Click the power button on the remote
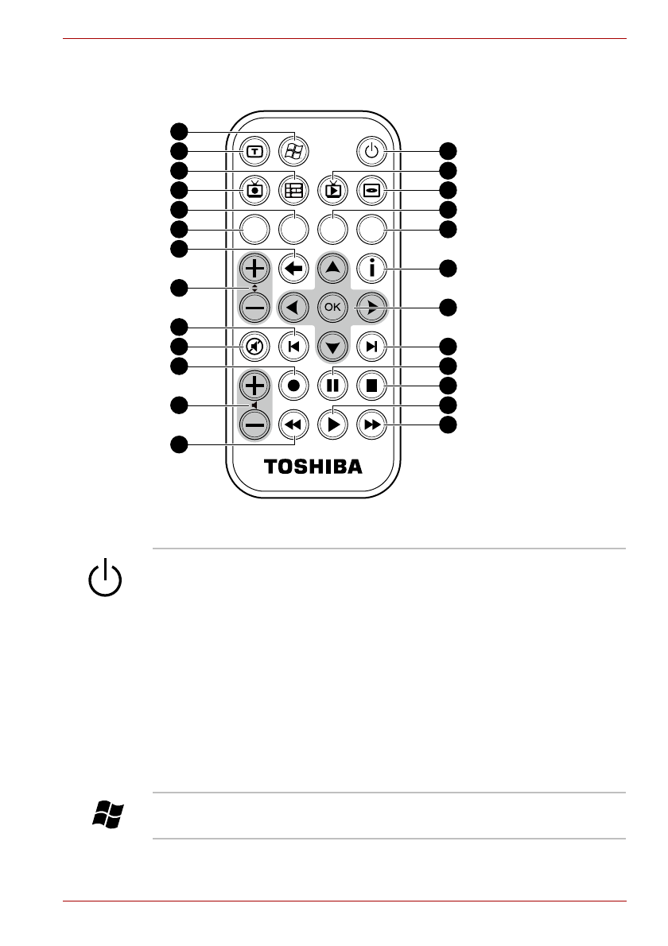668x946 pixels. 371,151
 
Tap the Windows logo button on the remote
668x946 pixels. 294,151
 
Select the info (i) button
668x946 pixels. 371,269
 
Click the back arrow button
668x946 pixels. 294,269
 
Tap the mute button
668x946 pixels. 254,347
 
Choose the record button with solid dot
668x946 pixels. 294,386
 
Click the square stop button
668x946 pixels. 371,386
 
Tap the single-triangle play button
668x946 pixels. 333,425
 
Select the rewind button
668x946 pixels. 294,425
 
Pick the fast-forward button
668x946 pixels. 371,425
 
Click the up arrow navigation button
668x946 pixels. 333,269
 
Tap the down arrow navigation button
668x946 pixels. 333,347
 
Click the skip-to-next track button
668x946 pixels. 371,347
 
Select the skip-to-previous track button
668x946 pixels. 294,347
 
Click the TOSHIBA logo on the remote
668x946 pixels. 313,467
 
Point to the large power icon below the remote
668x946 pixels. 106,578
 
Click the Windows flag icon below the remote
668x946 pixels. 108,815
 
